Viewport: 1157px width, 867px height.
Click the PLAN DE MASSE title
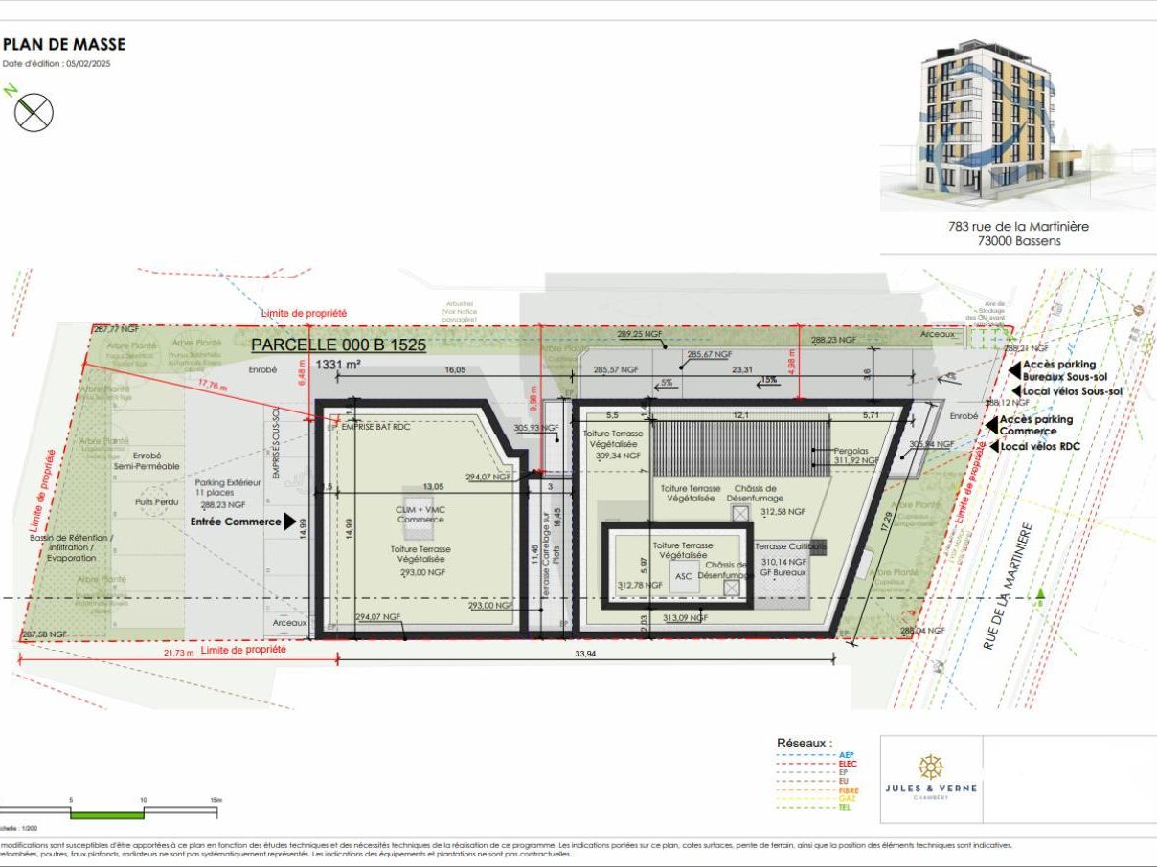[x=64, y=44]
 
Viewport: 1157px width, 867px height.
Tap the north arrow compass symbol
[x=34, y=113]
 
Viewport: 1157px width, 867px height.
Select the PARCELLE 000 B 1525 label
[x=338, y=344]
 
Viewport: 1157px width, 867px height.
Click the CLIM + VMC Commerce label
[x=420, y=513]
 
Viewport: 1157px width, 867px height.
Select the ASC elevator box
[x=683, y=576]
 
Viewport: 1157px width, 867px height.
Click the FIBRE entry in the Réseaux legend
[x=848, y=790]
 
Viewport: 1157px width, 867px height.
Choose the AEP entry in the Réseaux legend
[x=846, y=755]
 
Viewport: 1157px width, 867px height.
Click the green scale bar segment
[x=107, y=814]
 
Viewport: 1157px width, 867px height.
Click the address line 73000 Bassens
[x=1017, y=241]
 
